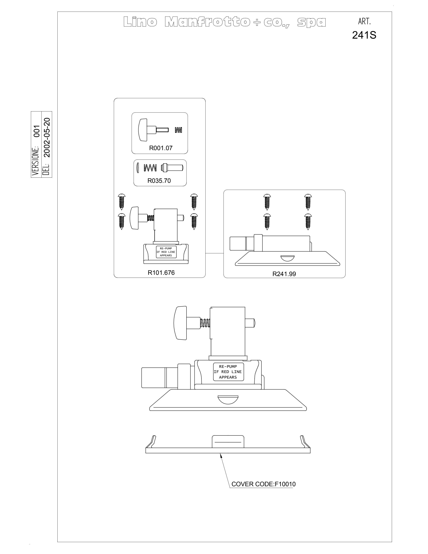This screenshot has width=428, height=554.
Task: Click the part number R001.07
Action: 161,148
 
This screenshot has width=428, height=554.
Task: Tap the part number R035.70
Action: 159,181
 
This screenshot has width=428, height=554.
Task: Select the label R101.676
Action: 161,273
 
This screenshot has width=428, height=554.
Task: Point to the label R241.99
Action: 284,274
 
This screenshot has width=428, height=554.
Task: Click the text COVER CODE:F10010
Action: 263,484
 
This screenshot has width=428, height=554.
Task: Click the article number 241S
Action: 364,35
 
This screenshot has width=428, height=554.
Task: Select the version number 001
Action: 37,131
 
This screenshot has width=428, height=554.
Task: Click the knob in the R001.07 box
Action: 143,130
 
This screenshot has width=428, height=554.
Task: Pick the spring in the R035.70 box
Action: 150,168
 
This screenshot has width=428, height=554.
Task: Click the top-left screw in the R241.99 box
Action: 267,202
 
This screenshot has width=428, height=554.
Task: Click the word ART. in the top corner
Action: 364,22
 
